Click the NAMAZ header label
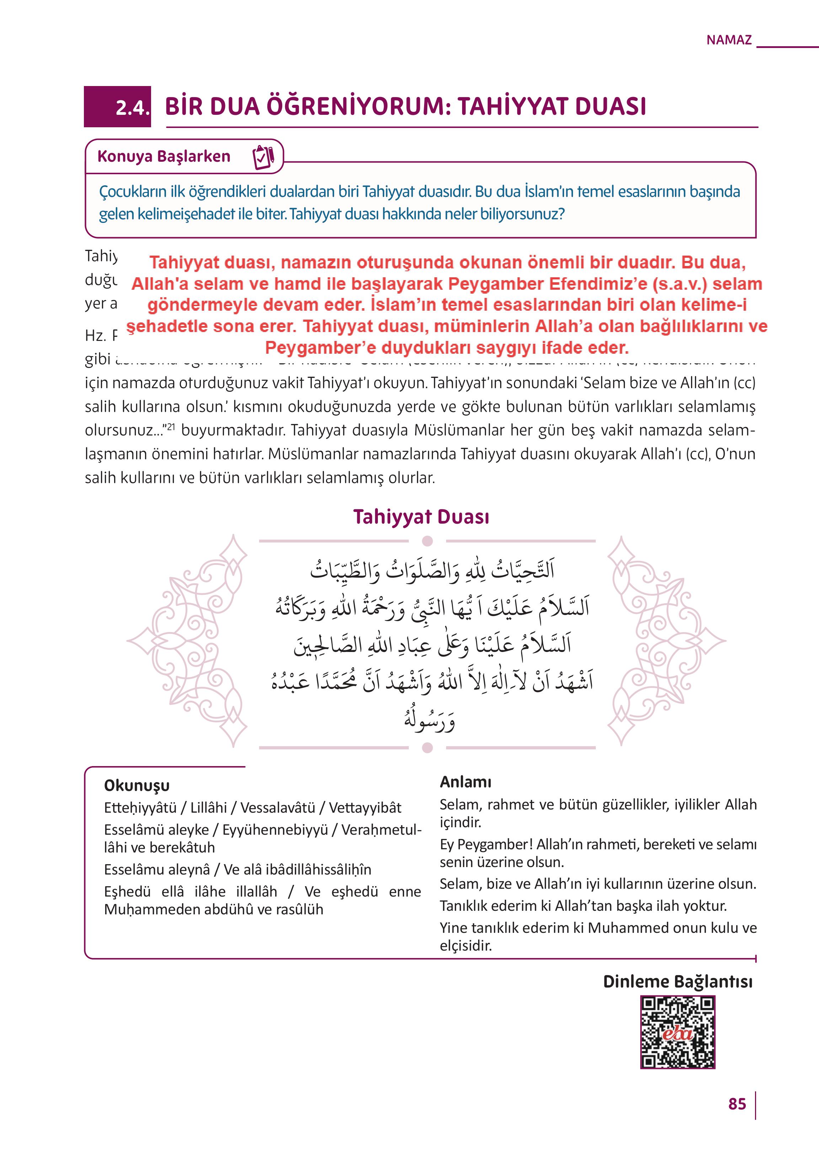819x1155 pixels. pyautogui.click(x=729, y=40)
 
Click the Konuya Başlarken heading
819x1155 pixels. pyautogui.click(x=164, y=156)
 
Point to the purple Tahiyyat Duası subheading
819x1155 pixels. pyautogui.click(x=421, y=517)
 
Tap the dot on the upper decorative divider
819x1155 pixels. pyautogui.click(x=427, y=541)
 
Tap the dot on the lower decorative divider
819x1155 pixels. pyautogui.click(x=427, y=748)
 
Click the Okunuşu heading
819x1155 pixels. pyautogui.click(x=136, y=785)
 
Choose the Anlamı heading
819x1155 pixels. pyautogui.click(x=465, y=782)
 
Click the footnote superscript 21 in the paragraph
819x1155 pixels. pyautogui.click(x=171, y=427)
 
